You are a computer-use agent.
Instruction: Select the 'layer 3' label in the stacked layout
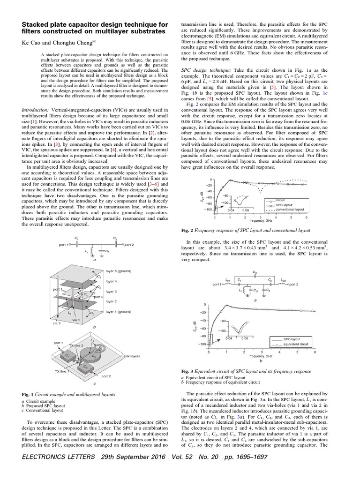[111, 291]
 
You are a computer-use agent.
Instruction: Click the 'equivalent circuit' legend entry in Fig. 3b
[296, 344]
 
